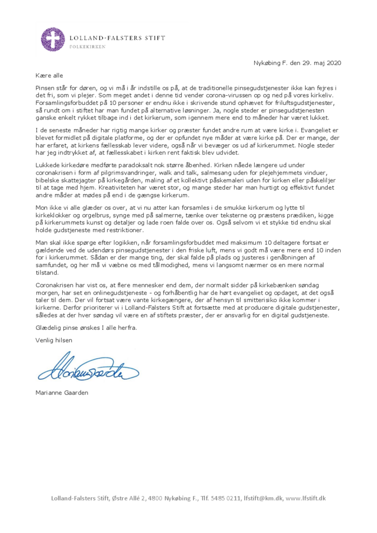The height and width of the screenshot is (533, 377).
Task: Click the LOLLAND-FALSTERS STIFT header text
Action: pyautogui.click(x=117, y=38)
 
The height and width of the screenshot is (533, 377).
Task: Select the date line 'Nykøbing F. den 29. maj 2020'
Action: pyautogui.click(x=297, y=63)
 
